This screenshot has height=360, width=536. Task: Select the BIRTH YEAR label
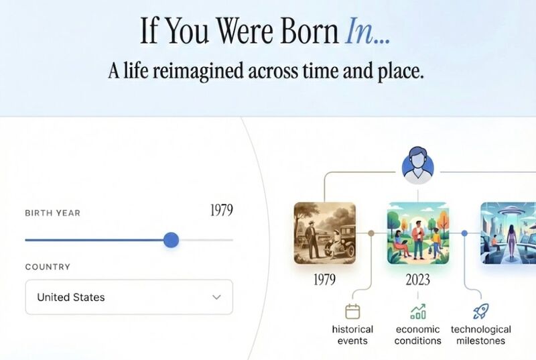[x=52, y=213]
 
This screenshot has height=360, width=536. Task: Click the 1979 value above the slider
[x=221, y=211]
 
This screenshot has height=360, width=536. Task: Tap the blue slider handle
[x=172, y=240]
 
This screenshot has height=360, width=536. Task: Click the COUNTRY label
[x=48, y=267]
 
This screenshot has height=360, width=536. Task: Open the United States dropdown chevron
[x=216, y=297]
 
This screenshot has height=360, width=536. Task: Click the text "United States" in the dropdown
[x=71, y=297]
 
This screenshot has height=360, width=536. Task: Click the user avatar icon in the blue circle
[x=418, y=166]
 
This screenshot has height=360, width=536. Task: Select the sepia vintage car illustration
[x=324, y=233]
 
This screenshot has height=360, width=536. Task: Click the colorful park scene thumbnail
[x=417, y=233]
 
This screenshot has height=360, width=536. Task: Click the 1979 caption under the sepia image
[x=324, y=280]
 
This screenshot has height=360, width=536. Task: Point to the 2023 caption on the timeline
[x=417, y=280]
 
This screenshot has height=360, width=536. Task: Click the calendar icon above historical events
[x=352, y=311]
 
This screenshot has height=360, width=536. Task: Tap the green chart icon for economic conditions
[x=418, y=311]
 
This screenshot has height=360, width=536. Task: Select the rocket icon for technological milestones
[x=480, y=311]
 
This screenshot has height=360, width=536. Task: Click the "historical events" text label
[x=352, y=335]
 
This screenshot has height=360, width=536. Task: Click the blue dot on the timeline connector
[x=464, y=233]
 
